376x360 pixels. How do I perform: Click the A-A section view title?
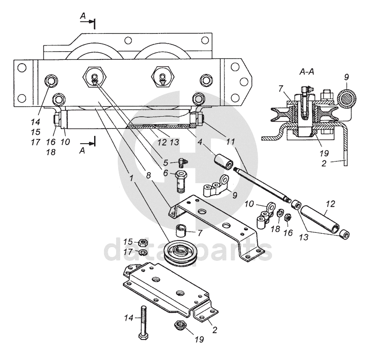pyautogui.click(x=307, y=72)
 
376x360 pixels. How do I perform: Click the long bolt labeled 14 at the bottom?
pyautogui.click(x=143, y=322)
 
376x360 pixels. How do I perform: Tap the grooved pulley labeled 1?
pyautogui.click(x=180, y=253)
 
